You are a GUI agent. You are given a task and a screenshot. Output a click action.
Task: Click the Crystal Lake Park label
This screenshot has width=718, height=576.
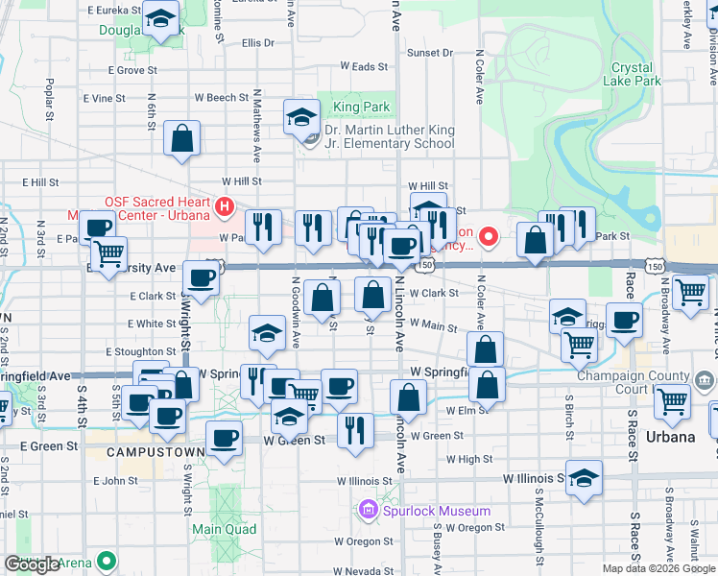click(633, 75)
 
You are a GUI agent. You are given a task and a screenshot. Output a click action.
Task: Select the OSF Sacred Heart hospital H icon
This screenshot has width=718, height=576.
click(224, 204)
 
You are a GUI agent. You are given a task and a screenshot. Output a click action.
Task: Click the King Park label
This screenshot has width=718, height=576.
click(347, 108)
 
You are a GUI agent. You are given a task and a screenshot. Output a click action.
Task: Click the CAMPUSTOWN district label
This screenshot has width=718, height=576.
click(155, 451)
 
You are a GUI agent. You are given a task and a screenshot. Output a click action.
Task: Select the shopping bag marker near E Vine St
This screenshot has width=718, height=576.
click(181, 138)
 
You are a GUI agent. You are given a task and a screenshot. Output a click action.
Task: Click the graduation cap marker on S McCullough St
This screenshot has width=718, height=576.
click(583, 477)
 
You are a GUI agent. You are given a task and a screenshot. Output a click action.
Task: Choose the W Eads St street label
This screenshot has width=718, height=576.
click(364, 67)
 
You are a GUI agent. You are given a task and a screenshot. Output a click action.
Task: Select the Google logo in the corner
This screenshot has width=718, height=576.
click(33, 564)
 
